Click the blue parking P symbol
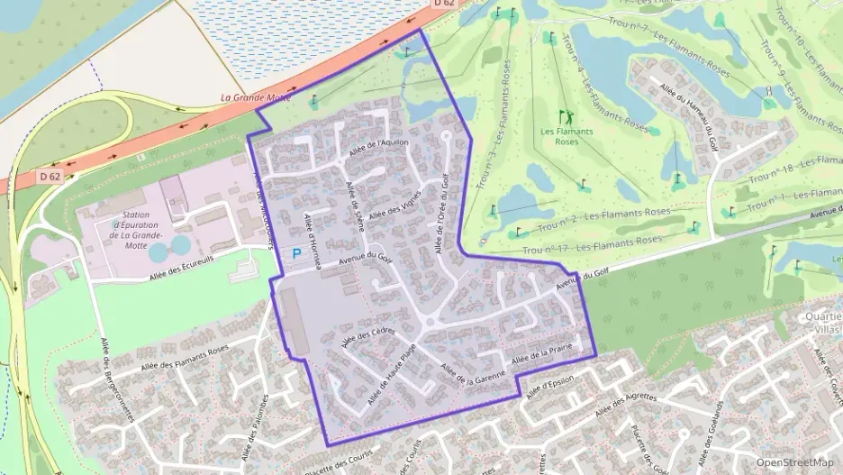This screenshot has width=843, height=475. [x=296, y=255]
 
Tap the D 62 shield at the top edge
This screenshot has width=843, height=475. [x=444, y=4]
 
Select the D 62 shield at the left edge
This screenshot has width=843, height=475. [x=50, y=177]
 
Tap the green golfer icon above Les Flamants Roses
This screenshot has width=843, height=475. [x=566, y=117]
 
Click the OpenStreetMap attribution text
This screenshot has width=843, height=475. [x=794, y=462]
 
